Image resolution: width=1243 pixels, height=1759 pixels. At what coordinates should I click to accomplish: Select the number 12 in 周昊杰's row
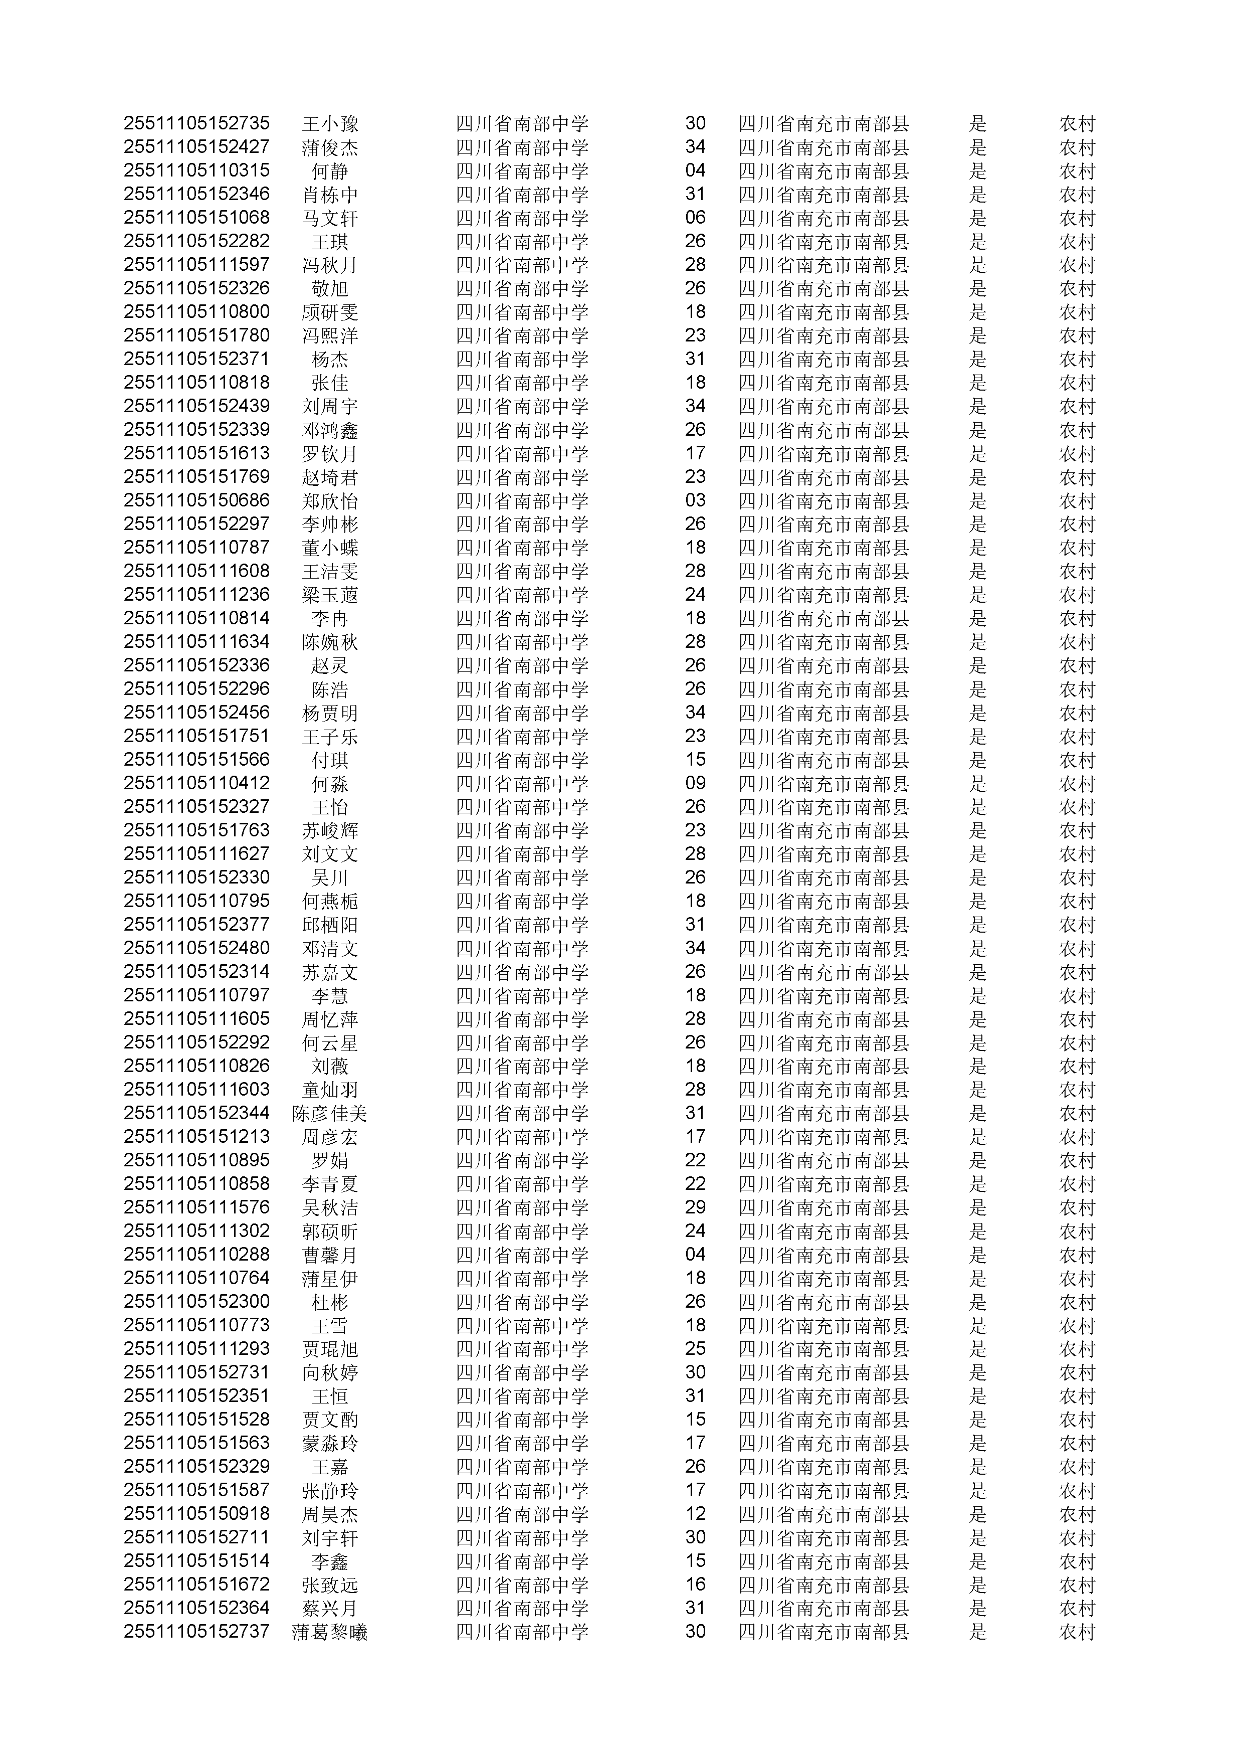click(x=695, y=1515)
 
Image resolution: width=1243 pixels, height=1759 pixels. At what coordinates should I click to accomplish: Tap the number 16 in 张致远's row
click(x=695, y=1585)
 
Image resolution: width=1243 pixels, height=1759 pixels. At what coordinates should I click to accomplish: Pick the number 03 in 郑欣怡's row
click(x=695, y=501)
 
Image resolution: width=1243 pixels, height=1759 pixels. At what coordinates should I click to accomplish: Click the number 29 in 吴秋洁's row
click(x=695, y=1208)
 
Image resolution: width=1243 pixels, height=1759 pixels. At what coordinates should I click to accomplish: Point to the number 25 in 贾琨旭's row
click(x=695, y=1349)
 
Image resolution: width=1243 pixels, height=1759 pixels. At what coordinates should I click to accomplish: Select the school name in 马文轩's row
click(x=522, y=218)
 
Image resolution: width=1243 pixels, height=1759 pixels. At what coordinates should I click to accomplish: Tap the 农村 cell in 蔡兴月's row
click(x=1077, y=1609)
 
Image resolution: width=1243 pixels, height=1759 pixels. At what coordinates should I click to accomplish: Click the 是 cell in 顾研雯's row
click(x=977, y=312)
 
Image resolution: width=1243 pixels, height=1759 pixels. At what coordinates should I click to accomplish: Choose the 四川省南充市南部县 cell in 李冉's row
click(x=823, y=619)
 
